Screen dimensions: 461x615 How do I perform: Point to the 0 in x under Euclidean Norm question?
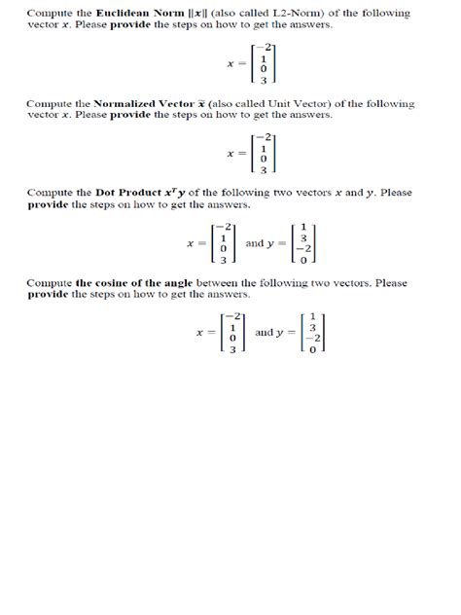coord(263,69)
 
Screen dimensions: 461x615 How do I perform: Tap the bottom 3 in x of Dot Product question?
coord(224,259)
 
